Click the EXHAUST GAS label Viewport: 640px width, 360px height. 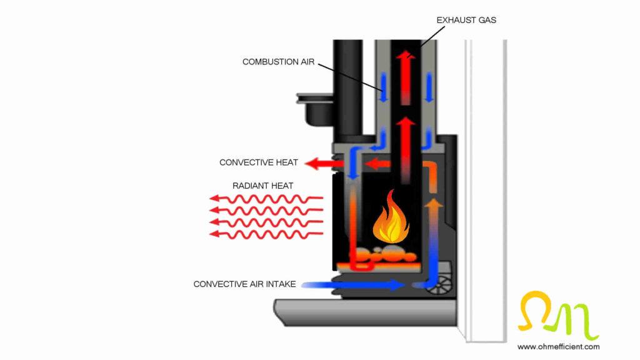click(x=466, y=20)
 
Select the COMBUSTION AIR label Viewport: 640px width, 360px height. click(x=278, y=61)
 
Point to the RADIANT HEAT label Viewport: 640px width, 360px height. click(x=262, y=186)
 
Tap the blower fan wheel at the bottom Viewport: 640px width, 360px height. click(x=443, y=284)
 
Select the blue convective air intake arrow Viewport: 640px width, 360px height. click(x=354, y=285)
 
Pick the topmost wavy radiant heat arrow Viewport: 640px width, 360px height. click(x=266, y=199)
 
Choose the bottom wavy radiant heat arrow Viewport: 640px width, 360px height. click(x=266, y=234)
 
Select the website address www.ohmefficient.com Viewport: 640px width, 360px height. click(x=558, y=346)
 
